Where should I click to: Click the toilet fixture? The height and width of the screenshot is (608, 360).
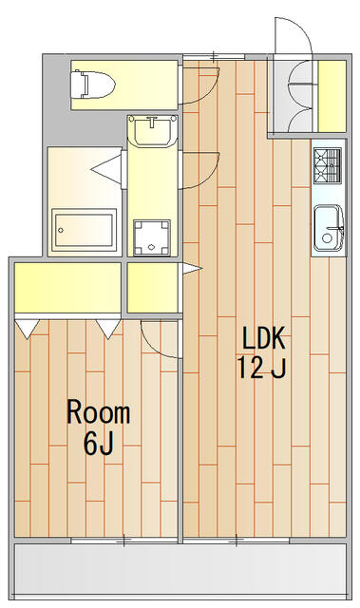pyautogui.click(x=92, y=85)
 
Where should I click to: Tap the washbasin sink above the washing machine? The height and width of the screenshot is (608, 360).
pyautogui.click(x=153, y=130)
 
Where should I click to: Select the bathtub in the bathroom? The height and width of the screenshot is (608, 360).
pyautogui.click(x=85, y=230)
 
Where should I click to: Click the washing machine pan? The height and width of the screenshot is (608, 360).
pyautogui.click(x=152, y=237)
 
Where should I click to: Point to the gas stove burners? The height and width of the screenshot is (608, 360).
pyautogui.click(x=328, y=164)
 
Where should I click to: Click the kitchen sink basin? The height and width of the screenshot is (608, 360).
pyautogui.click(x=329, y=229)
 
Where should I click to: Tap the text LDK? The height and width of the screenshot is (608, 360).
pyautogui.click(x=264, y=338)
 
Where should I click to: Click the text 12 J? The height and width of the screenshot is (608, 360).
pyautogui.click(x=261, y=368)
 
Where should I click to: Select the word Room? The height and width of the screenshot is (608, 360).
pyautogui.click(x=99, y=412)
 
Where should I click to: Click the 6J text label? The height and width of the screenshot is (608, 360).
pyautogui.click(x=99, y=443)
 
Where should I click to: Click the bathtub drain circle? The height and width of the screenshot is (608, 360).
pyautogui.click(x=61, y=230)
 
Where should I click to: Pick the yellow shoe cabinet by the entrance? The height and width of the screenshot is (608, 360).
pyautogui.click(x=332, y=96)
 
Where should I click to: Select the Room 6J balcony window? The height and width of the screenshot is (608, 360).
pyautogui.click(x=124, y=541)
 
